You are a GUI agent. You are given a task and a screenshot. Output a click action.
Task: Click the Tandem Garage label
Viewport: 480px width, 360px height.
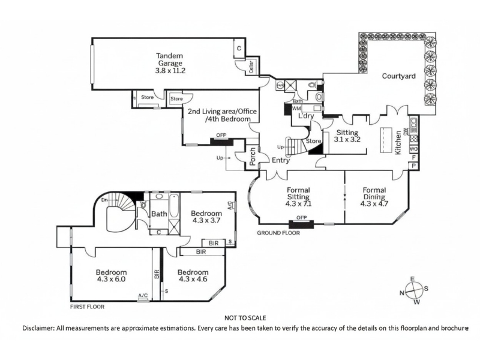point(170,58)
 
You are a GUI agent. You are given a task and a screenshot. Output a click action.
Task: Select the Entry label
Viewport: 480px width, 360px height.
point(281,161)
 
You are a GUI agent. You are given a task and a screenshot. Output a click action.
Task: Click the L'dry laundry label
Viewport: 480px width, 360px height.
point(307,116)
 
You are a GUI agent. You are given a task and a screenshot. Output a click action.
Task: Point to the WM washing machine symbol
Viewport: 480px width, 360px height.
point(296,109)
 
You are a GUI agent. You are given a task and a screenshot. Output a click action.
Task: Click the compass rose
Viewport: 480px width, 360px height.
point(413,292)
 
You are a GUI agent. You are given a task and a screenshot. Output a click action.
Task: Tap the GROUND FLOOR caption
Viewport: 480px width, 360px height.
point(278,232)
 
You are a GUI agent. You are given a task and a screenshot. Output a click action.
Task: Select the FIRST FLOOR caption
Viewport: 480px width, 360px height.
point(88,306)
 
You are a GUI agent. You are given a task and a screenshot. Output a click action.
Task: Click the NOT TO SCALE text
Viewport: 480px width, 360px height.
point(245,317)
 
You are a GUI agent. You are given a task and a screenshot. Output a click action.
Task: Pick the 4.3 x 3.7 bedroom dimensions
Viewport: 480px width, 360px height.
point(207,220)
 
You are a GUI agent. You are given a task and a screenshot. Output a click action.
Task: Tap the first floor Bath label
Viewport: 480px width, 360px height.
point(159,214)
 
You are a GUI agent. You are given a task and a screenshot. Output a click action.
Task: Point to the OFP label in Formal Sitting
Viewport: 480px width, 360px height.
point(301,218)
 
